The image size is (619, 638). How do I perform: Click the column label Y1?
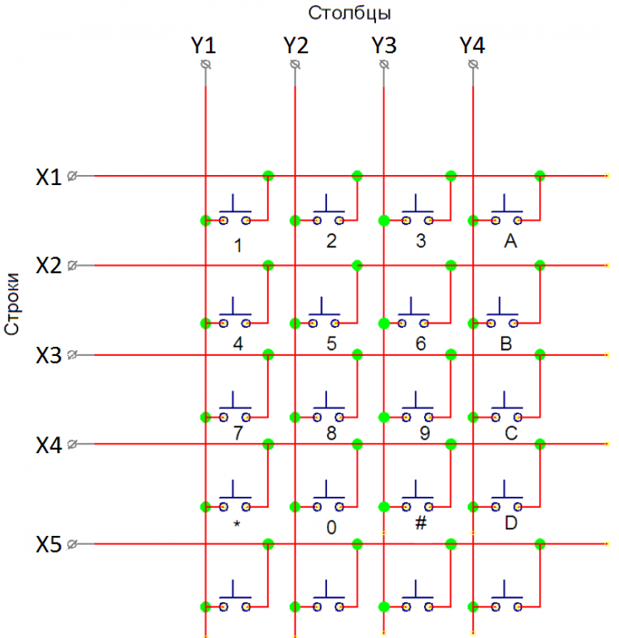click(x=203, y=45)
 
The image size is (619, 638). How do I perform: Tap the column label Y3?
click(x=383, y=45)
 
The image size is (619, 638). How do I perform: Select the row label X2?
click(x=48, y=265)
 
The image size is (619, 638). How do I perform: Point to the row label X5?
click(x=48, y=544)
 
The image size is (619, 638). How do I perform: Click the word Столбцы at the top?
click(x=349, y=13)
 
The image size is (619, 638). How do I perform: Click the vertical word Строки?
click(x=12, y=304)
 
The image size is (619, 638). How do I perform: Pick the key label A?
click(x=510, y=241)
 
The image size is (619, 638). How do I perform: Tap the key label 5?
click(x=331, y=343)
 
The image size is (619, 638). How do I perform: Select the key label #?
click(x=421, y=523)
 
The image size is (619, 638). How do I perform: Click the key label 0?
click(x=331, y=528)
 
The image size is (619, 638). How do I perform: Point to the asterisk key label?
click(x=236, y=524)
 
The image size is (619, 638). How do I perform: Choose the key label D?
click(x=511, y=523)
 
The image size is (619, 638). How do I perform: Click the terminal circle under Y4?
click(x=473, y=64)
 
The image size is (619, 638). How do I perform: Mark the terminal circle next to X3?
click(x=72, y=355)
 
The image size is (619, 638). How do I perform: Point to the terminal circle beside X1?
click(x=72, y=176)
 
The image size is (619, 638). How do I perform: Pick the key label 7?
click(x=237, y=433)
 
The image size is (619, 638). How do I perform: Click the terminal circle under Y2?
click(x=295, y=64)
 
